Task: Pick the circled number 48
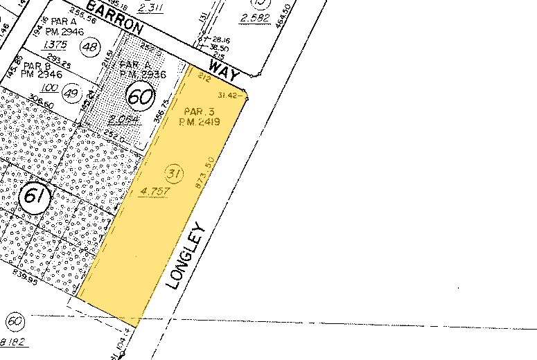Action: click(89, 47)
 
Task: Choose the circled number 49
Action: click(71, 91)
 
